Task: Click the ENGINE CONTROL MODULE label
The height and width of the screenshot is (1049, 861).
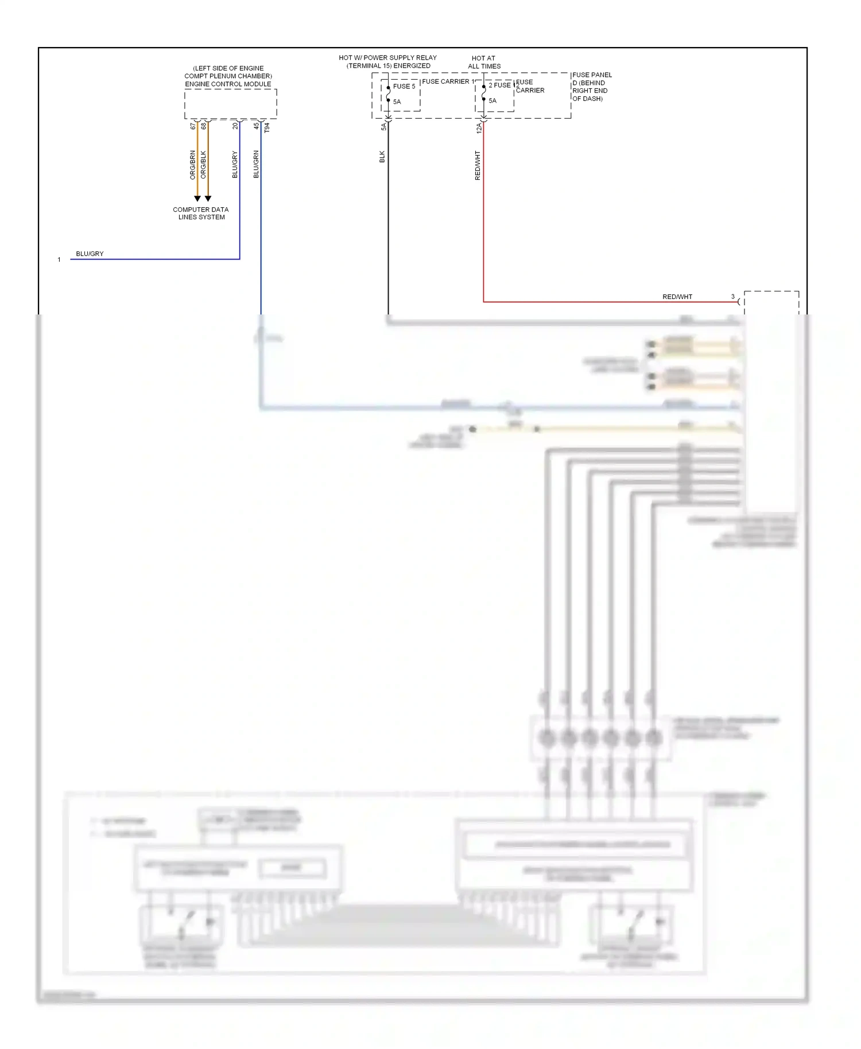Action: click(x=228, y=84)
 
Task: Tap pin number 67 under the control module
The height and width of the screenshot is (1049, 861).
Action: click(x=193, y=126)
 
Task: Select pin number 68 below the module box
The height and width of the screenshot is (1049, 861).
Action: click(x=203, y=126)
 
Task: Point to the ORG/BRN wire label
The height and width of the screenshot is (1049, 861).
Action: click(x=193, y=165)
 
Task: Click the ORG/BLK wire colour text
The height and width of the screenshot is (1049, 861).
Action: click(x=203, y=165)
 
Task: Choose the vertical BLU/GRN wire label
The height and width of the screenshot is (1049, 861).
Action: click(x=256, y=164)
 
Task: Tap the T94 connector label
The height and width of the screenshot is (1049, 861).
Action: click(x=267, y=128)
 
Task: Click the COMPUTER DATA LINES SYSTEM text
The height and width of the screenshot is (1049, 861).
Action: click(x=201, y=213)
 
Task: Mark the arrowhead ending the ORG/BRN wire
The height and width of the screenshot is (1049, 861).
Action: click(x=197, y=199)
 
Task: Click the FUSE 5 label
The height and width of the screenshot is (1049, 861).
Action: click(x=404, y=87)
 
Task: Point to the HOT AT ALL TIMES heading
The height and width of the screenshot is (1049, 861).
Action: click(x=484, y=62)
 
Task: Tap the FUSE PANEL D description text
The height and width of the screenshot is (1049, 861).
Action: click(x=591, y=87)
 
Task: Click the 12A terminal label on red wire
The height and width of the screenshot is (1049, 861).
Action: click(x=479, y=128)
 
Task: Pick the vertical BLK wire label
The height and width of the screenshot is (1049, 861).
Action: click(x=382, y=157)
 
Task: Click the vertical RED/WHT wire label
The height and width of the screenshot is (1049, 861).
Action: click(x=478, y=166)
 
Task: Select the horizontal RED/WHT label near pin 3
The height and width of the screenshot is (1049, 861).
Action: click(x=677, y=297)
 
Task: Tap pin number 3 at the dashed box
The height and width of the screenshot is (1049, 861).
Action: click(x=732, y=297)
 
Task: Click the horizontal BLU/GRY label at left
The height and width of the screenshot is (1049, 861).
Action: click(x=90, y=254)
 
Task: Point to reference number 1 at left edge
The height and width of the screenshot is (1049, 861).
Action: click(x=59, y=260)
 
